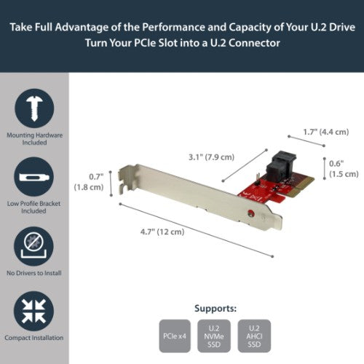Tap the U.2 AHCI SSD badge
tap(253, 336)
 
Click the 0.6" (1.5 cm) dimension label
tap(342, 168)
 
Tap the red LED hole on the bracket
tap(250, 213)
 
